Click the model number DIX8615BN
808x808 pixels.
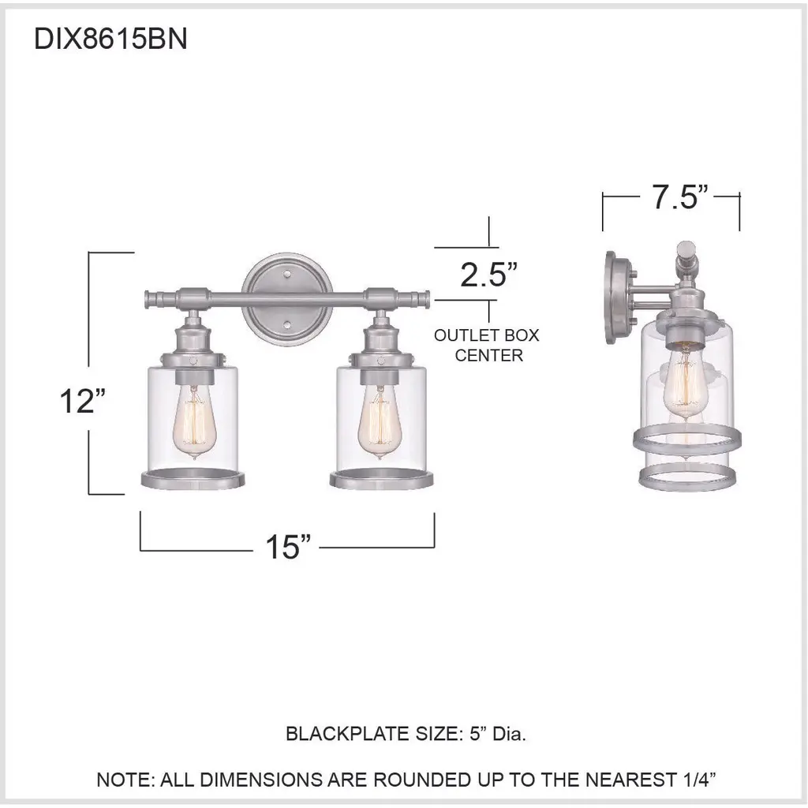[110, 39]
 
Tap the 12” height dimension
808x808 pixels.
[83, 401]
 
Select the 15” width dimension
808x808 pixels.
[288, 547]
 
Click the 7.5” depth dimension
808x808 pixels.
[680, 196]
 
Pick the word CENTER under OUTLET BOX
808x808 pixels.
[489, 356]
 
